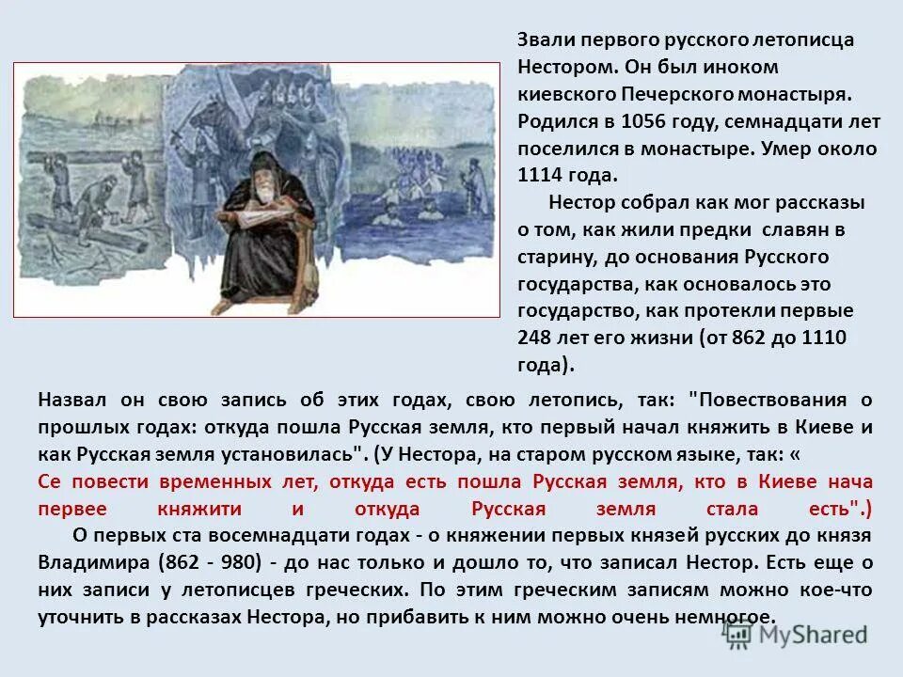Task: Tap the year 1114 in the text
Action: (x=542, y=175)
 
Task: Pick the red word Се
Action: (x=51, y=480)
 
